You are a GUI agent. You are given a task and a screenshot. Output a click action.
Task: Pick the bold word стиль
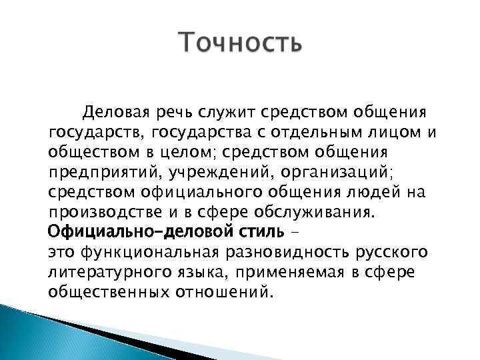[260, 233]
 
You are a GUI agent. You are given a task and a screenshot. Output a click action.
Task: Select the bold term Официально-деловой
[136, 233]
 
